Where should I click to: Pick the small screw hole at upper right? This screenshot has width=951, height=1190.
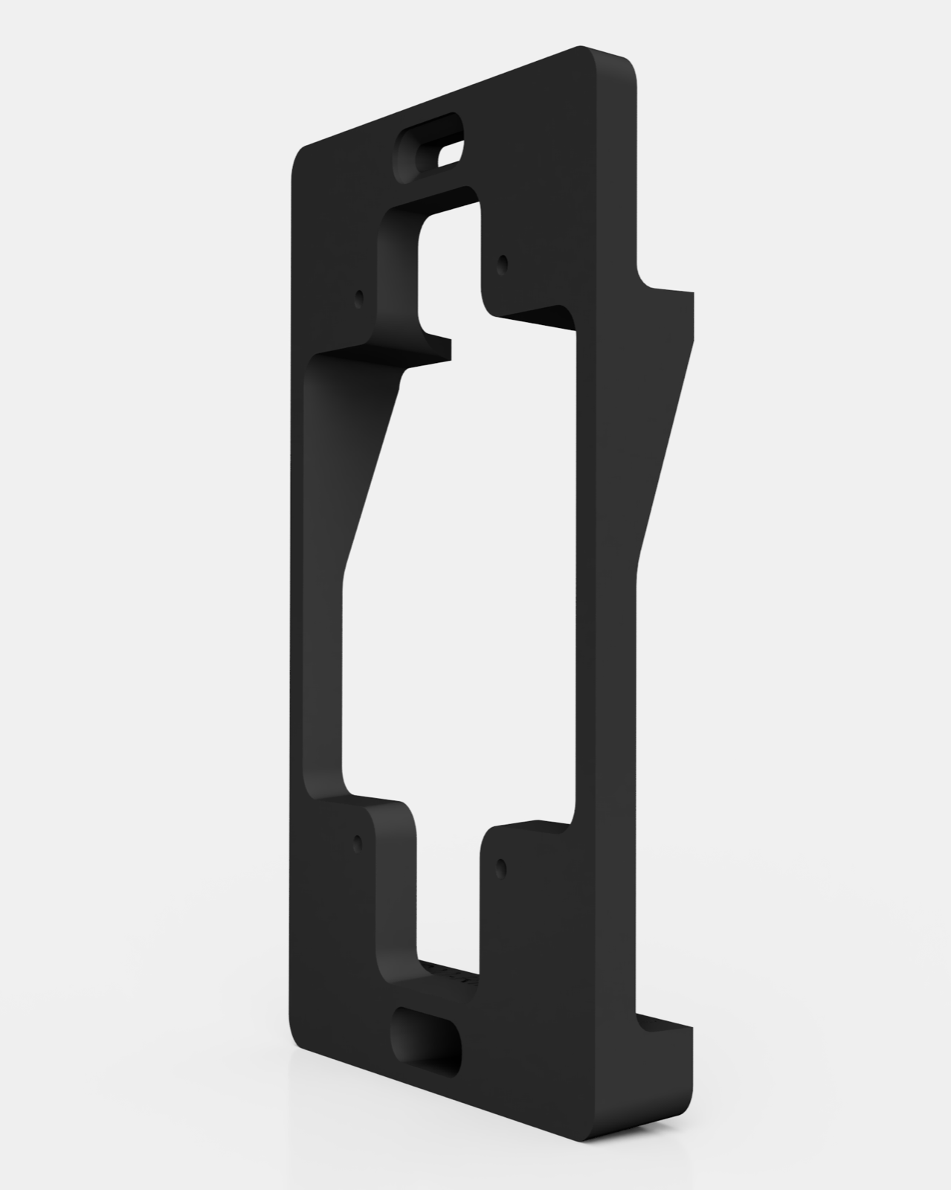click(502, 262)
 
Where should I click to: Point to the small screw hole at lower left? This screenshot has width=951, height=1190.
click(358, 843)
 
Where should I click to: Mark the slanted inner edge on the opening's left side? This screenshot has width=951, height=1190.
click(372, 476)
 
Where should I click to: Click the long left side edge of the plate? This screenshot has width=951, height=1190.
click(290, 595)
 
